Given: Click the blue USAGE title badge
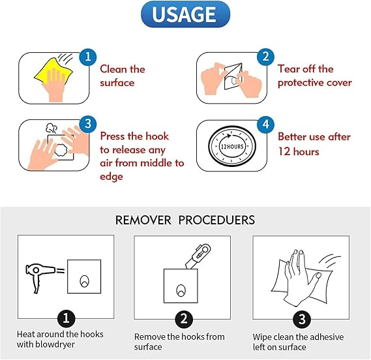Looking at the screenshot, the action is pyautogui.click(x=185, y=14).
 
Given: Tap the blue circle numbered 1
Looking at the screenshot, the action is pyautogui.click(x=88, y=57).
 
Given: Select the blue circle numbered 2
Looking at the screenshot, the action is pyautogui.click(x=266, y=57).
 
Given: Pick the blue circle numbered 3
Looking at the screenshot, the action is pyautogui.click(x=88, y=124).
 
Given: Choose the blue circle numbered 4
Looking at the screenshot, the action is pyautogui.click(x=266, y=124).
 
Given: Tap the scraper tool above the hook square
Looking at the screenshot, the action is pyautogui.click(x=198, y=257).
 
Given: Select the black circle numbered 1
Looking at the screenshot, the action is pyautogui.click(x=66, y=318).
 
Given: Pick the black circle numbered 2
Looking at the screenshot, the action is pyautogui.click(x=184, y=319).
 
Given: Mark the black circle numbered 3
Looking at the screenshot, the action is pyautogui.click(x=302, y=319).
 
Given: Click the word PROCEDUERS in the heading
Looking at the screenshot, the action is pyautogui.click(x=216, y=220).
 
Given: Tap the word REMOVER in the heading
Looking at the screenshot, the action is pyautogui.click(x=143, y=220).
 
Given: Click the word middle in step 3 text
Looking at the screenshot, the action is pyautogui.click(x=156, y=163).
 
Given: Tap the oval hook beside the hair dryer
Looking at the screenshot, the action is pyautogui.click(x=85, y=281).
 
